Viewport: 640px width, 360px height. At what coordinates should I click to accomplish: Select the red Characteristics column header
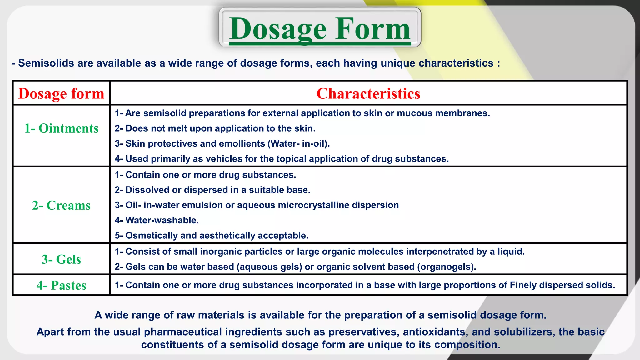368,93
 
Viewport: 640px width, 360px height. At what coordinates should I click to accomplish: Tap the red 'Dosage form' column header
61,93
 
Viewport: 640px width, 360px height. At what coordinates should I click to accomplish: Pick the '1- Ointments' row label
61,128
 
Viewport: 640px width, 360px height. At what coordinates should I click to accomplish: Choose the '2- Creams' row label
61,205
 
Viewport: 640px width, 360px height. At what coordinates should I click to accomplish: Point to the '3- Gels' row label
61,259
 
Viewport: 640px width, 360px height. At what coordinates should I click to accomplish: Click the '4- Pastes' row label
61,285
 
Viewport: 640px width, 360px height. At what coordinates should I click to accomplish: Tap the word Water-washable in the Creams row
162,220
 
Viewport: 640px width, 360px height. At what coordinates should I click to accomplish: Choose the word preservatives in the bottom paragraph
363,332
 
